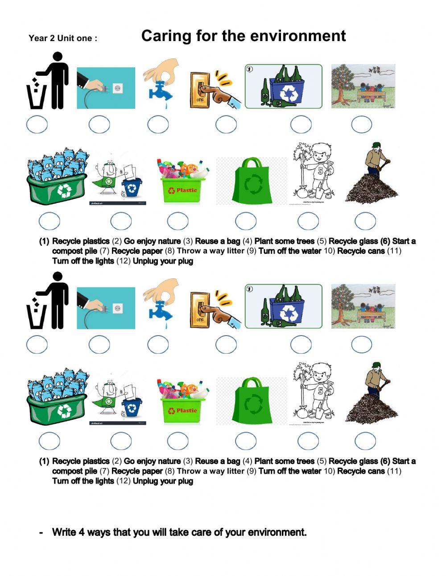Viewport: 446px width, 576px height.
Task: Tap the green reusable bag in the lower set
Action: click(x=252, y=400)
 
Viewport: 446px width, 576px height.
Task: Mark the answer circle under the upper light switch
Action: click(x=226, y=124)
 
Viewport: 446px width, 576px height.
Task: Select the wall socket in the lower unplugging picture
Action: click(x=118, y=308)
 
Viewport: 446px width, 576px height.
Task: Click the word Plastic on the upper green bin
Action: click(x=186, y=191)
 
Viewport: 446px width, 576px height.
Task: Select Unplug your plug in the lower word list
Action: click(x=163, y=481)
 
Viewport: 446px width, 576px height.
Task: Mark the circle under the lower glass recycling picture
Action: click(x=301, y=344)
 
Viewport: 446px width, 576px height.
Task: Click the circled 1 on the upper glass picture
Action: click(x=250, y=69)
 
